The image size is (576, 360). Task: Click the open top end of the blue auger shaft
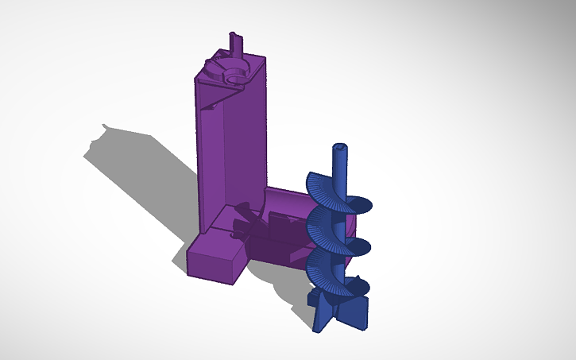click(340, 148)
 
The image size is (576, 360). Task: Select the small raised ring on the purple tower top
click(235, 76)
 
